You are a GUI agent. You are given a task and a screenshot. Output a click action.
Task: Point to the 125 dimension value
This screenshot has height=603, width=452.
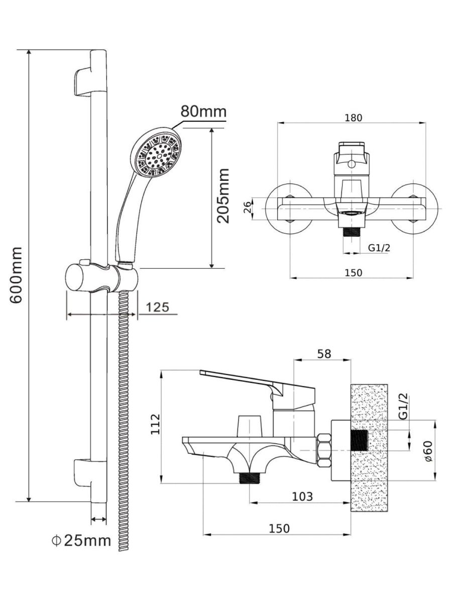pyautogui.click(x=158, y=307)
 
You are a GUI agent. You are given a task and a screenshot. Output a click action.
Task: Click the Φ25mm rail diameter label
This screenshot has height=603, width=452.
pyautogui.click(x=80, y=541)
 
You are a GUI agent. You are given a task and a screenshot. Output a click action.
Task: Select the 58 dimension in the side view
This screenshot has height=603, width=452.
pyautogui.click(x=324, y=354)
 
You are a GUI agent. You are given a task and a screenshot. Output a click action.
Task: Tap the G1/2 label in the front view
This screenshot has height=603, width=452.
pyautogui.click(x=379, y=247)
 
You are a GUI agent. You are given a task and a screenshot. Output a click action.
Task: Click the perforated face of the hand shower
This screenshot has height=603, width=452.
pyautogui.click(x=155, y=154)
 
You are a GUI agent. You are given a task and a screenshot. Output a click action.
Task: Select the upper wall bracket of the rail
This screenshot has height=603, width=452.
pyautogui.click(x=83, y=81)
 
